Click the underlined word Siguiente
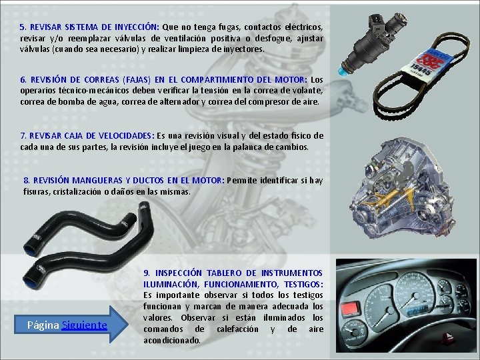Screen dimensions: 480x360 tap(84, 325)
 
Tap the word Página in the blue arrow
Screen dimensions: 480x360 tap(43, 325)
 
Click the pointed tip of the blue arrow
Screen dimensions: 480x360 tap(127, 325)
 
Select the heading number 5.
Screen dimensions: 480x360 tap(23, 27)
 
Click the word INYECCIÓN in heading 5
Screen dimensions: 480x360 tap(137, 27)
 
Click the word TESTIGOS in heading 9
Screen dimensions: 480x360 tap(303, 285)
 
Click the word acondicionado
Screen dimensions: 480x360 tap(172, 341)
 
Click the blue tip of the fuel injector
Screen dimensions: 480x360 tap(342, 71)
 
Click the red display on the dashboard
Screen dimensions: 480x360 tap(350, 308)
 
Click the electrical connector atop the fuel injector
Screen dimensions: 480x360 tap(377, 21)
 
